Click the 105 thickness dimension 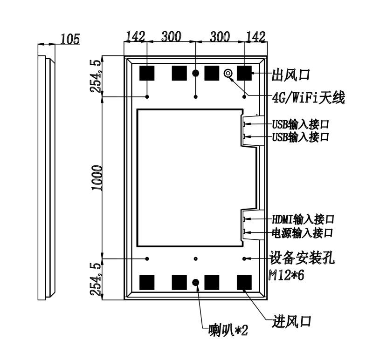click(70, 39)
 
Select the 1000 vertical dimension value click(97, 178)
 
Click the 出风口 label click(291, 75)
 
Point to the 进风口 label click(292, 321)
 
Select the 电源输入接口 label click(302, 233)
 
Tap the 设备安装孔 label click(302, 258)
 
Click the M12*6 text click(286, 275)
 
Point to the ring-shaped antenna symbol click(228, 73)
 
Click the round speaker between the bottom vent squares click(195, 282)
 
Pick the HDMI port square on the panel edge click(244, 218)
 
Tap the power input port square click(244, 231)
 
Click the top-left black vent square click(147, 73)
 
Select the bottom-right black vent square click(244, 283)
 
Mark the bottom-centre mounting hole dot click(195, 258)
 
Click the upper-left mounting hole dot click(147, 97)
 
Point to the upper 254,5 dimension click(96, 76)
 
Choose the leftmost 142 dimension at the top click(135, 37)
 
